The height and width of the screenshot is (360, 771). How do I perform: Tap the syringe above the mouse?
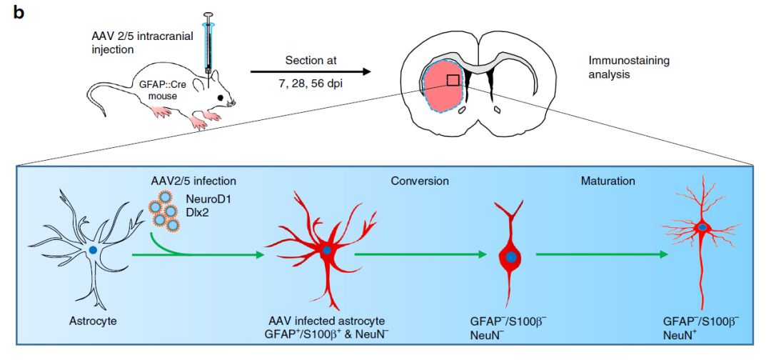(208, 43)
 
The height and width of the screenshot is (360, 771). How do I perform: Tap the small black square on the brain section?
(453, 80)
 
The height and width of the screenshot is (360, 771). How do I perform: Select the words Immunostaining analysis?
(619, 67)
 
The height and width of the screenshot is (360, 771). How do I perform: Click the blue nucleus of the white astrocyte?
(93, 250)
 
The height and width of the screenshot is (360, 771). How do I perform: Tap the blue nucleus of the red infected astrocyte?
(326, 251)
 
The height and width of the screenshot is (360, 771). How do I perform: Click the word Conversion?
(420, 181)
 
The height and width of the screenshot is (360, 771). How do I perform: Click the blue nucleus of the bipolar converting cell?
(511, 256)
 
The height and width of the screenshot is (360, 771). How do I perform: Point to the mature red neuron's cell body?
(703, 227)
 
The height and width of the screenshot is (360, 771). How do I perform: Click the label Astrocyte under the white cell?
(91, 320)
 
